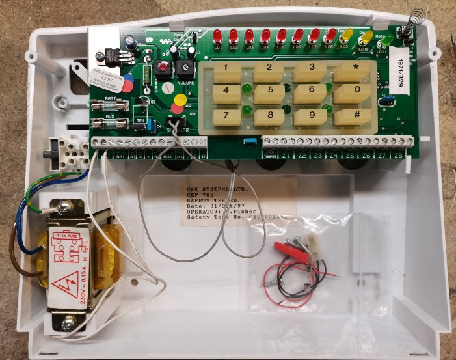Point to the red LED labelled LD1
click(x=217, y=36)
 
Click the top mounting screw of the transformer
click(x=64, y=208)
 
